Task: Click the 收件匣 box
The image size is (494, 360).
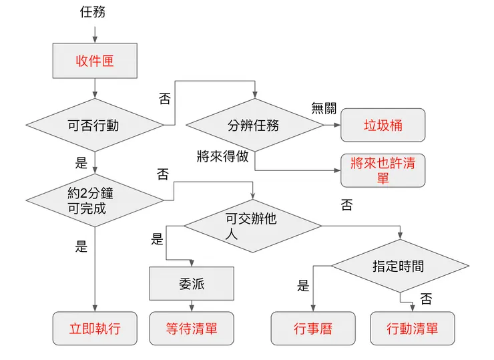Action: pos(95,61)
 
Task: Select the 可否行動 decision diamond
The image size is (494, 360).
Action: pos(94,125)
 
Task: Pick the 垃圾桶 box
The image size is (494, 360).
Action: pos(383,125)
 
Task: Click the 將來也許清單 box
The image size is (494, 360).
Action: pos(383,170)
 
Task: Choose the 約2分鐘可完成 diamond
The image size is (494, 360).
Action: pos(94,200)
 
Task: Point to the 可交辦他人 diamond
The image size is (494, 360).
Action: pos(252,225)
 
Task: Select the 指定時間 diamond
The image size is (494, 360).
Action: pos(399,266)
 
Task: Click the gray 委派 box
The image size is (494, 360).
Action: pos(192,284)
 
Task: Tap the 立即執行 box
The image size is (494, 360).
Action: pos(95,329)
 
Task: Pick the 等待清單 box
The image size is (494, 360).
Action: pos(192,329)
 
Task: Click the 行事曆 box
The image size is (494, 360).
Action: pos(312,329)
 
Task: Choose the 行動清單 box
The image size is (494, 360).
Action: pos(412,329)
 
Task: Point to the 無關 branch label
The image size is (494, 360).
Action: pos(323,108)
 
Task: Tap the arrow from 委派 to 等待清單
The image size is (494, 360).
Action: pos(192,306)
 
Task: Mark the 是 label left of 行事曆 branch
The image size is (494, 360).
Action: pos(303,286)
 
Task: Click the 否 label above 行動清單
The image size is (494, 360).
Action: pos(426,299)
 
